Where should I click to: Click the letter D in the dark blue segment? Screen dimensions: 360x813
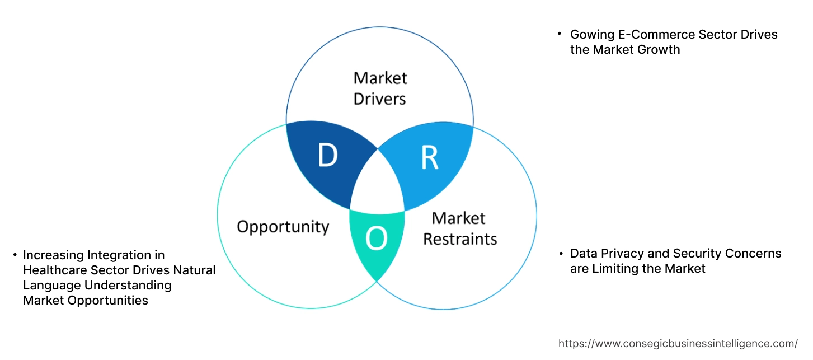pyautogui.click(x=328, y=156)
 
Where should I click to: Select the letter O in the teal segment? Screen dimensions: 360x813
pyautogui.click(x=376, y=240)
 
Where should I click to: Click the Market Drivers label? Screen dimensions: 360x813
pyautogui.click(x=380, y=88)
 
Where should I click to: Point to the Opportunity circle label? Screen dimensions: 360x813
pyautogui.click(x=283, y=227)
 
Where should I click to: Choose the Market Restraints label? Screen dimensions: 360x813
pyautogui.click(x=459, y=228)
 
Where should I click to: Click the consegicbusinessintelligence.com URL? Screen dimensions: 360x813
pyautogui.click(x=678, y=343)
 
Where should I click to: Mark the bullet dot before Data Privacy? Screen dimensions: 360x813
pyautogui.click(x=561, y=254)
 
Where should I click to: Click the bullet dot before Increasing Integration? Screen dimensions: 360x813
pyautogui.click(x=15, y=255)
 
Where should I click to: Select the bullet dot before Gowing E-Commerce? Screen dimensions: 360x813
pyautogui.click(x=560, y=35)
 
